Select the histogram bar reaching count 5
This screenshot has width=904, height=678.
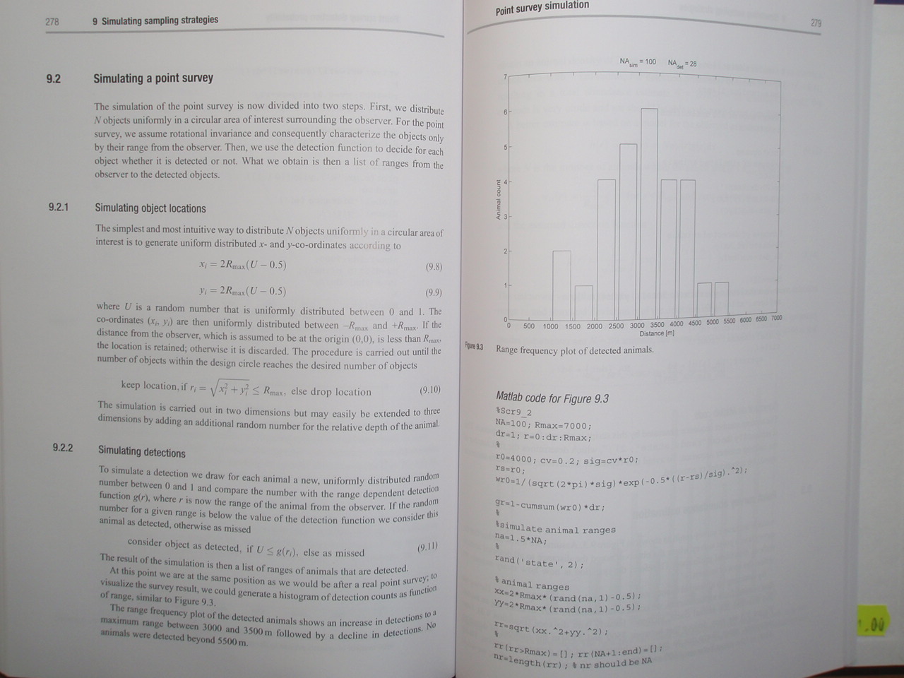tap(628, 232)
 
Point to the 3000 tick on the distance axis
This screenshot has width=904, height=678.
tap(637, 325)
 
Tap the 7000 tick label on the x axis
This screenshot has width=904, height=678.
tap(776, 318)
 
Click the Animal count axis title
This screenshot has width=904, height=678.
tap(498, 200)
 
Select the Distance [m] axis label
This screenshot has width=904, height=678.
tap(656, 333)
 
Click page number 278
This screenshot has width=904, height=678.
tap(52, 21)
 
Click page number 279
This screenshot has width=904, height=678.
tap(816, 23)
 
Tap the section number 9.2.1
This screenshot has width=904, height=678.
tap(58, 207)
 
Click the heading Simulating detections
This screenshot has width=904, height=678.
tap(141, 452)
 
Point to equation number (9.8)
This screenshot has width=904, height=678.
tap(433, 267)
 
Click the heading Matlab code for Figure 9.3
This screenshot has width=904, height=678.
tap(552, 398)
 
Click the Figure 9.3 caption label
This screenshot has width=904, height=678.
tap(474, 347)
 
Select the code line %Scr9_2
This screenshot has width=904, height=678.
tap(513, 412)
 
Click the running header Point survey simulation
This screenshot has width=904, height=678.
tap(542, 8)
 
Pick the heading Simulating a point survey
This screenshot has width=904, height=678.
tap(153, 78)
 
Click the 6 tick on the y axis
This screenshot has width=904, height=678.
tap(504, 112)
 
